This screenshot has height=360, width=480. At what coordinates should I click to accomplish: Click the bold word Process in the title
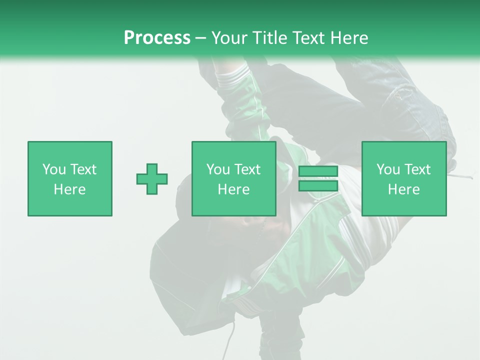point(157,38)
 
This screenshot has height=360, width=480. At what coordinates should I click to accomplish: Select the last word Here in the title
point(348,38)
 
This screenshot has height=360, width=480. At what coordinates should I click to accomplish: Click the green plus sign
point(152,178)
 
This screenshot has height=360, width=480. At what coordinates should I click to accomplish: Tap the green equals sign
point(318,178)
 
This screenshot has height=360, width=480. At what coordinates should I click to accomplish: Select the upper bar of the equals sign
point(318,171)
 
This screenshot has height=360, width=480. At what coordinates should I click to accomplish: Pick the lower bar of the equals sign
point(318,186)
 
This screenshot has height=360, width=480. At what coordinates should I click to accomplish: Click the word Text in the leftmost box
point(83,169)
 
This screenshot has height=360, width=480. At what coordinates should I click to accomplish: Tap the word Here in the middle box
point(234,189)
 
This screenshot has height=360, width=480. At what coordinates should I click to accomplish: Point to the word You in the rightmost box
point(388,169)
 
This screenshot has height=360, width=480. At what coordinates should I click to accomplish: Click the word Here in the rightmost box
point(404,189)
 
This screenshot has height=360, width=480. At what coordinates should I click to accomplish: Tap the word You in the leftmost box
point(54,169)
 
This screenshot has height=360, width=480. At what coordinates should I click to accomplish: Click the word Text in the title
point(306,38)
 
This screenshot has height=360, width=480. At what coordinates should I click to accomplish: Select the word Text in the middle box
point(247,169)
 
